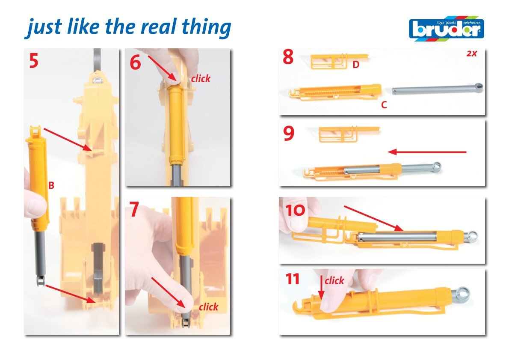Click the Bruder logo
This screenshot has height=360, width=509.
[447, 28]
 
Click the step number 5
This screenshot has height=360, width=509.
[34, 61]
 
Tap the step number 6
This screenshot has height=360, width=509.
[135, 62]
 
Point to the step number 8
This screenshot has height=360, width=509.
[288, 57]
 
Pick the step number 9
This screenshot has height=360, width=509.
[289, 133]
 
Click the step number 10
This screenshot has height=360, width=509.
[295, 210]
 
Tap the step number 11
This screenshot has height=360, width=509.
[292, 279]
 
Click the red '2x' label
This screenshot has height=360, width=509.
[472, 54]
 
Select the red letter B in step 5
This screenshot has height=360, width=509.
[51, 185]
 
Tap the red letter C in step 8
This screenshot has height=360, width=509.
[384, 104]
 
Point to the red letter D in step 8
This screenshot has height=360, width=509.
[356, 65]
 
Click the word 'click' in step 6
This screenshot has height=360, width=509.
[201, 78]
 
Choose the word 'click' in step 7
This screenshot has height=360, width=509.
[208, 307]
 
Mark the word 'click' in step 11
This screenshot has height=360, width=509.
[334, 280]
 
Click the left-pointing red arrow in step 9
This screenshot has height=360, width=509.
[427, 152]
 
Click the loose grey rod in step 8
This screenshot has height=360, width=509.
[438, 88]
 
